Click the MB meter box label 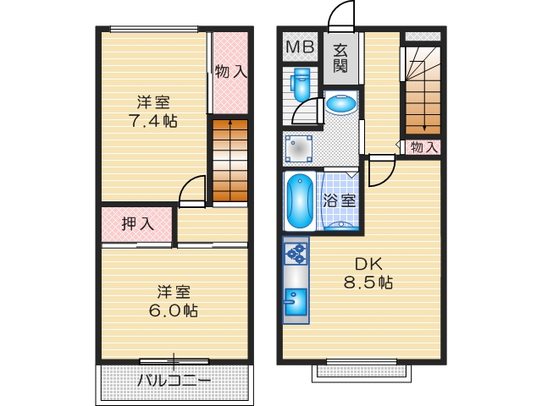(298, 47)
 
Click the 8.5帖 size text (368, 282)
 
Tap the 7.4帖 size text (153, 121)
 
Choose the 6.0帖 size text (173, 310)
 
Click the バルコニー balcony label (174, 381)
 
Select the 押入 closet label (136, 224)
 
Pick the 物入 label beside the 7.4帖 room (230, 73)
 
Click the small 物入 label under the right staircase (424, 147)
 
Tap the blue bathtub (300, 201)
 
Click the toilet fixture (301, 85)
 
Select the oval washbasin (341, 104)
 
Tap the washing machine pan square (298, 149)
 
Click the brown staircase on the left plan (229, 161)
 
